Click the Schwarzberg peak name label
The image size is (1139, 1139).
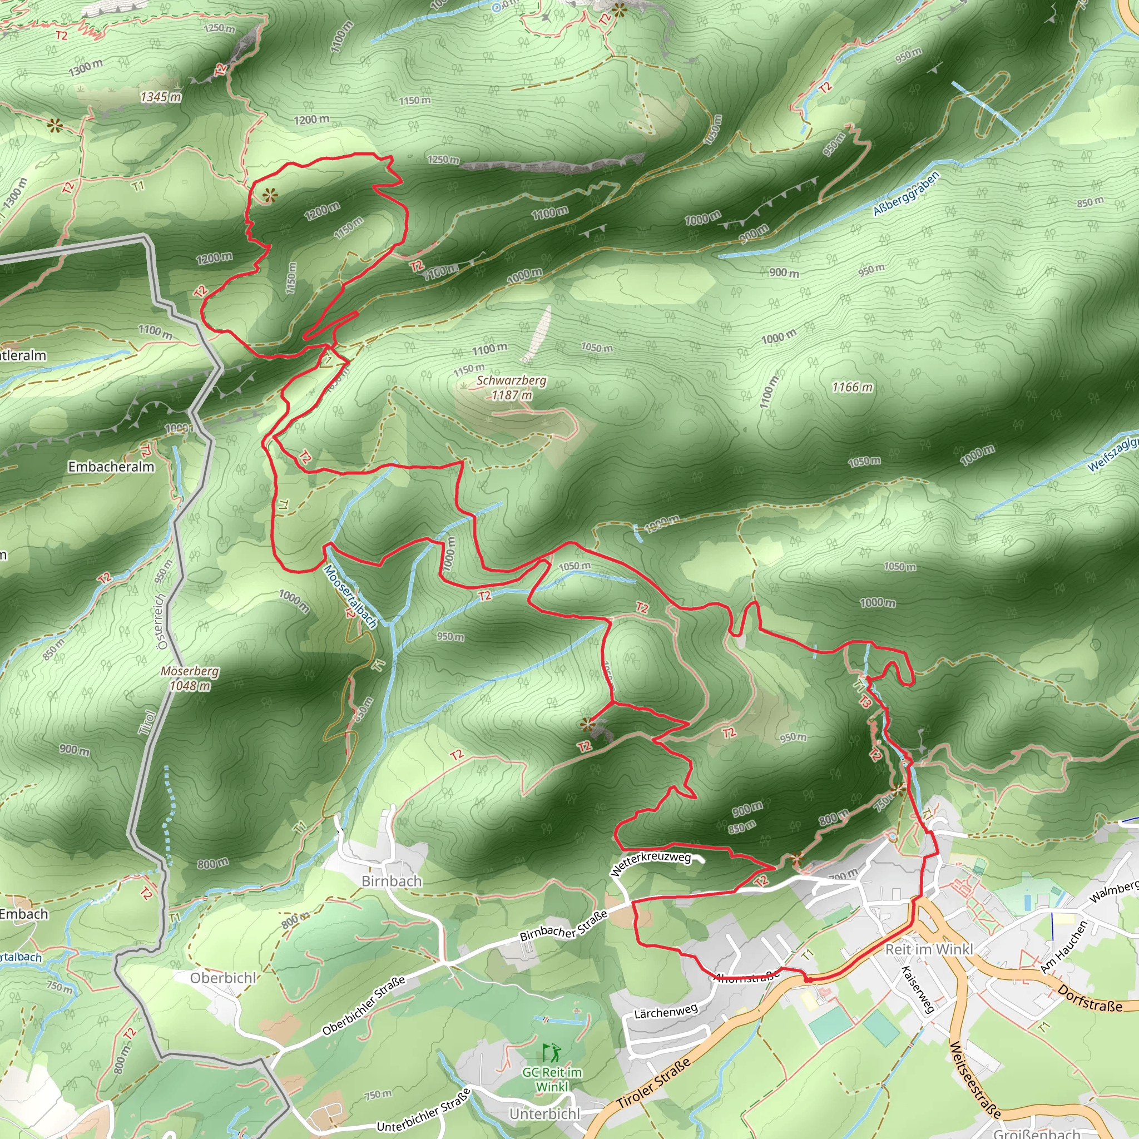(511, 380)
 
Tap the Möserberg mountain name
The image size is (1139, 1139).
(189, 671)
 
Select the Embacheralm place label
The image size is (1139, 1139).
(111, 467)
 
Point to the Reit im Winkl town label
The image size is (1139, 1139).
(929, 949)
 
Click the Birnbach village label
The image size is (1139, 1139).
(392, 881)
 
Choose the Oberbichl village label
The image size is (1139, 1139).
(223, 978)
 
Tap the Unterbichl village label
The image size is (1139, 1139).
(544, 1113)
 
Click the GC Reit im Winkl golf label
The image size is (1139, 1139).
(552, 1079)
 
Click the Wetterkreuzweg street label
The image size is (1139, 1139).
(650, 863)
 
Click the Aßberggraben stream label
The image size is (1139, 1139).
(905, 194)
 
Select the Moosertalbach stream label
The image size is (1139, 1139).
(350, 597)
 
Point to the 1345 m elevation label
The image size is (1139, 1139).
(160, 97)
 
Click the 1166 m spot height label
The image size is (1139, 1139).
(852, 387)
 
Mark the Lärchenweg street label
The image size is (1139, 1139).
(666, 1012)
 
